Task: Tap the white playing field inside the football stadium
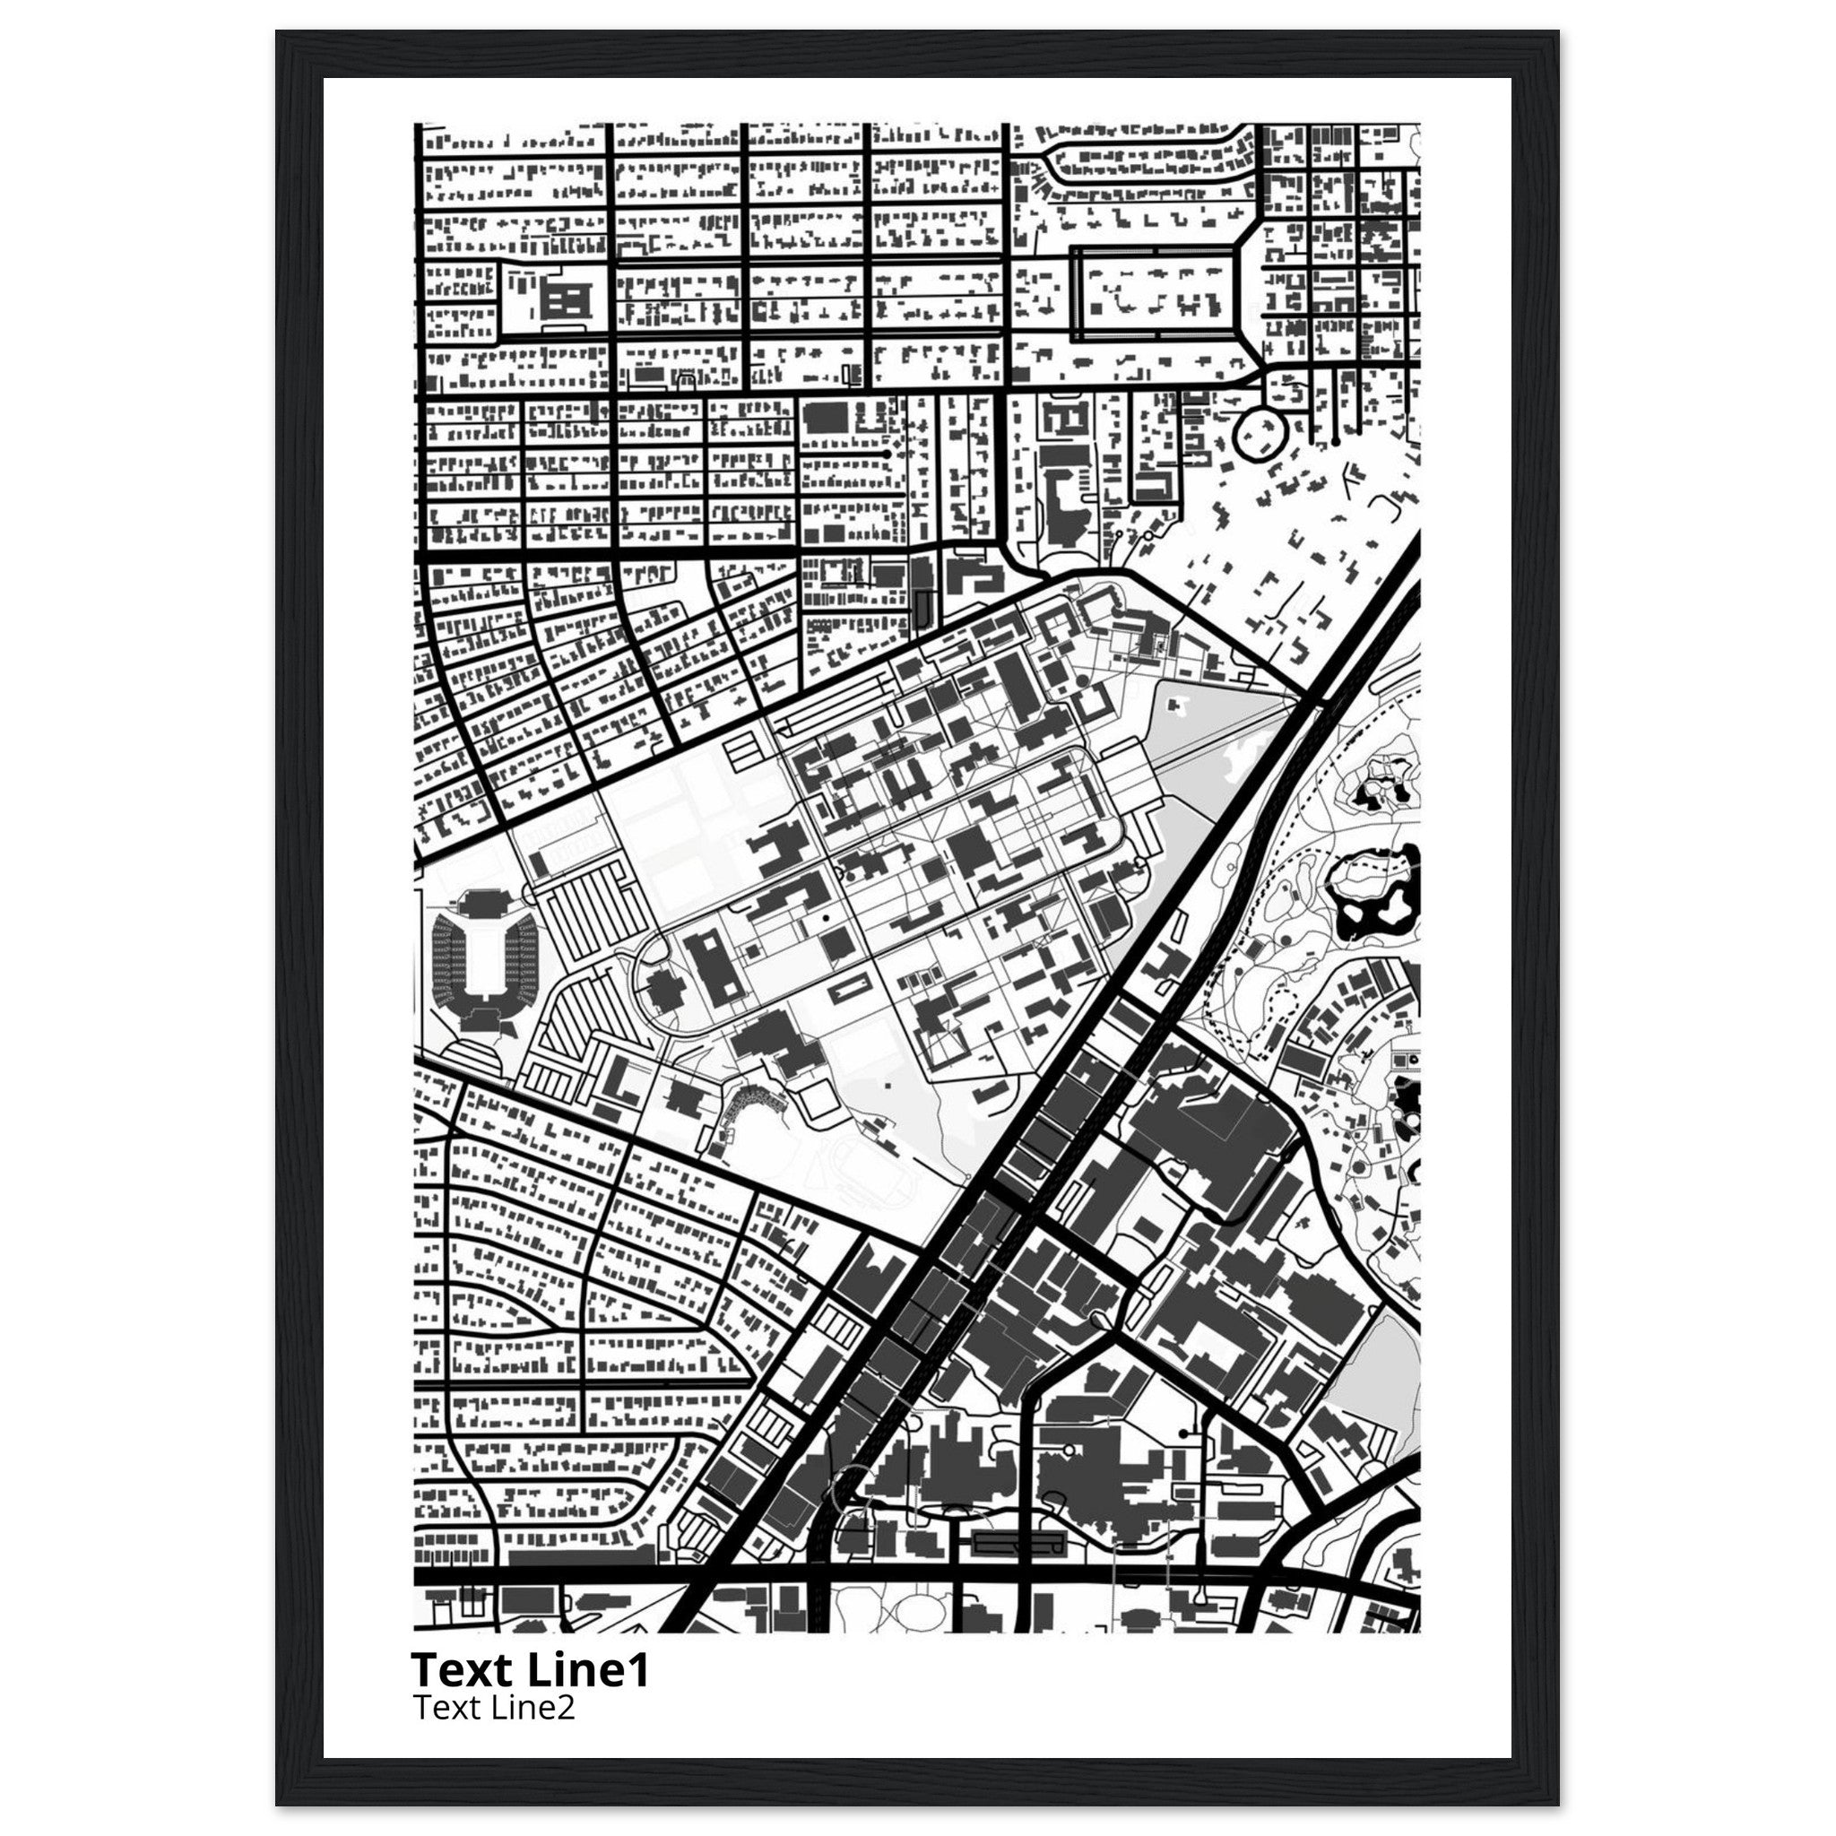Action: coord(485,953)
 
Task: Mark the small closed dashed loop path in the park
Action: coord(1283,1003)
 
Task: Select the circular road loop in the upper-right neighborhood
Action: coord(1260,434)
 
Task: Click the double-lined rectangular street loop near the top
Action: coord(1155,294)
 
